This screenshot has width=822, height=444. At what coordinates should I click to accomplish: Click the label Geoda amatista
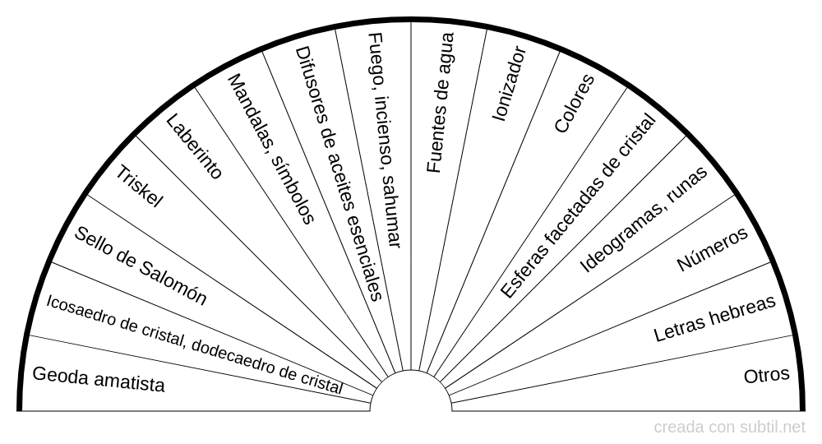(98, 380)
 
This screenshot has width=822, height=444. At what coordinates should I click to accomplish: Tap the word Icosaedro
(78, 311)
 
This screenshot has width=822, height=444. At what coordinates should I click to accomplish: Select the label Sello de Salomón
(140, 266)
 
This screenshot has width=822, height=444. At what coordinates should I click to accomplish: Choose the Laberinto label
(194, 146)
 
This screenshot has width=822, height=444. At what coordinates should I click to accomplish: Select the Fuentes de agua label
(440, 103)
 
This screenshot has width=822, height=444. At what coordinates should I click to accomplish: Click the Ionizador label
(509, 84)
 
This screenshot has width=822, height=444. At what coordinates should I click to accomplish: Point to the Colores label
(574, 104)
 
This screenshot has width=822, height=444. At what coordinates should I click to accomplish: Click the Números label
(712, 249)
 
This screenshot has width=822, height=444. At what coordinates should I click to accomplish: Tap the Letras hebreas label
(714, 319)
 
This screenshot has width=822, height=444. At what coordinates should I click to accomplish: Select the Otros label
(766, 375)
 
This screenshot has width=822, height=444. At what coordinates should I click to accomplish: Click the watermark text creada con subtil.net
(730, 428)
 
